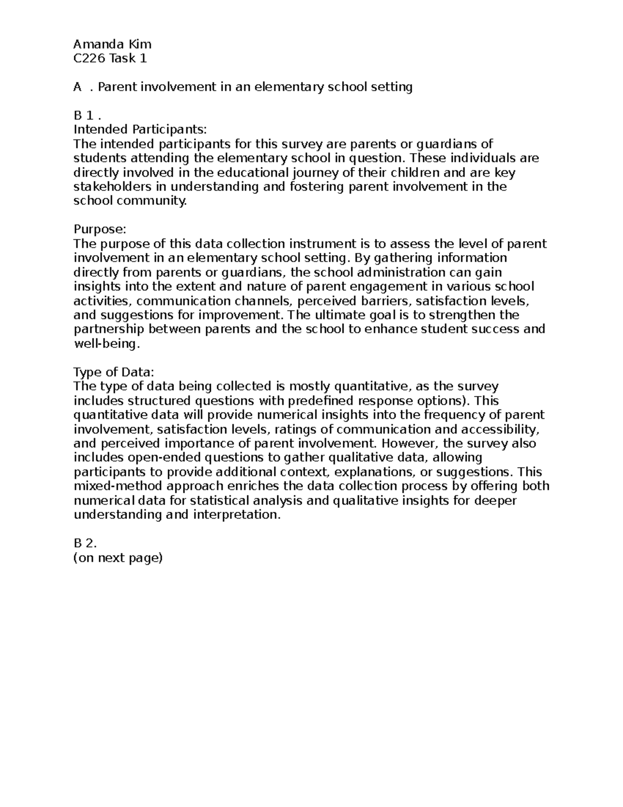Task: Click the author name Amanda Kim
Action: [x=112, y=44]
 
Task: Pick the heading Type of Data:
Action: [x=114, y=372]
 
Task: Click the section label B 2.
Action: [x=85, y=544]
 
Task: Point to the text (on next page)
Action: [x=118, y=558]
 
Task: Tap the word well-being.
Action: [x=107, y=343]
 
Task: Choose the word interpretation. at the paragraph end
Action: [x=237, y=515]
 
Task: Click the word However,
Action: [x=410, y=444]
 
